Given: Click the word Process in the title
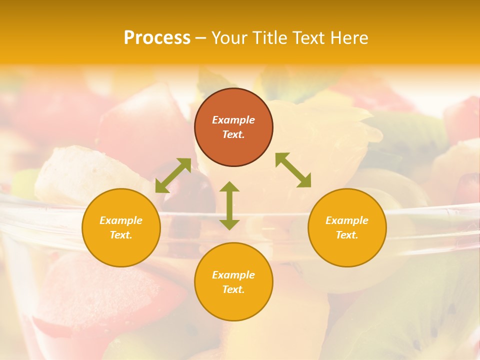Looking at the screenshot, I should click(x=157, y=38).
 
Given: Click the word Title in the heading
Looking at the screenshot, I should click(x=269, y=38).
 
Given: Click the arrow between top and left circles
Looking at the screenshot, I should click(x=173, y=175).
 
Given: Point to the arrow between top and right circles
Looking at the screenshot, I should click(x=293, y=170).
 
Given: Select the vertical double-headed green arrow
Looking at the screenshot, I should click(x=229, y=205).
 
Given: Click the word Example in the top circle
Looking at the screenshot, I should click(x=233, y=120).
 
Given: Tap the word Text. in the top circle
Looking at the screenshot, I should click(x=233, y=134).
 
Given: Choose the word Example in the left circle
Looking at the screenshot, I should click(x=121, y=220).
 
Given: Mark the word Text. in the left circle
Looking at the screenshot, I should click(x=121, y=235).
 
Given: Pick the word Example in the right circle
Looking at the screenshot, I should click(x=347, y=220).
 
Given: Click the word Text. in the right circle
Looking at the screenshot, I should click(x=347, y=235).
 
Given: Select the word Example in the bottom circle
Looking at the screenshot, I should click(x=233, y=275).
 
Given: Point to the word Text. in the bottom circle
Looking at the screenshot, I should click(x=233, y=289).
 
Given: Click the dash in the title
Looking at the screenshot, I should click(x=201, y=38).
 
